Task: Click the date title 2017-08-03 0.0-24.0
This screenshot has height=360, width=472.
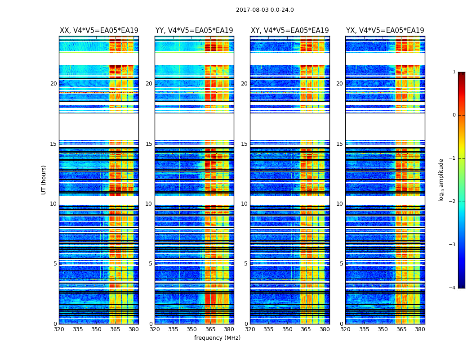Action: tap(265, 10)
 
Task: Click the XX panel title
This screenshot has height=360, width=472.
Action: tap(99, 31)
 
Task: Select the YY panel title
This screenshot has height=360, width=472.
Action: tap(194, 31)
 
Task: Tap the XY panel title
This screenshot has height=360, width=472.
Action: tap(290, 31)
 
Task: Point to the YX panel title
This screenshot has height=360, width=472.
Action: tap(385, 31)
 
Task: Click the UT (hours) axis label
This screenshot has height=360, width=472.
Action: tap(44, 180)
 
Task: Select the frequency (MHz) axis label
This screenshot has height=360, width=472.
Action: tap(217, 338)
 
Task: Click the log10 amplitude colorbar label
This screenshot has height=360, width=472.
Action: tap(441, 180)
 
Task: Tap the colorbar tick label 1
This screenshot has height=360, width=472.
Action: tap(454, 72)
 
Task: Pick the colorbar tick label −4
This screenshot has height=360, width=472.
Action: tap(453, 288)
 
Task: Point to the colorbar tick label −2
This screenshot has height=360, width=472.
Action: tap(453, 202)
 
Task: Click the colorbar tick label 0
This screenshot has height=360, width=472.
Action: tap(454, 115)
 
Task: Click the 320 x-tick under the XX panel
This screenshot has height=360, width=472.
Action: tap(59, 329)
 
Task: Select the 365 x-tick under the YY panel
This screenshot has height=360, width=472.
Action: tap(210, 329)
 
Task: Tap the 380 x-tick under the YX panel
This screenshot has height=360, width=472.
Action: tap(420, 329)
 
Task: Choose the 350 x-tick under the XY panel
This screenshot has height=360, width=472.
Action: tap(287, 329)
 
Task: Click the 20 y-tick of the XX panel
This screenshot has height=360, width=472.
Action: tap(53, 84)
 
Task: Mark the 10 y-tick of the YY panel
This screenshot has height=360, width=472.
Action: tap(149, 204)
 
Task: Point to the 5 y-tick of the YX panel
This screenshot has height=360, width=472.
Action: tap(341, 264)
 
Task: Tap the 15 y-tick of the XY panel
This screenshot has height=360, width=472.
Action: tap(244, 144)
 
